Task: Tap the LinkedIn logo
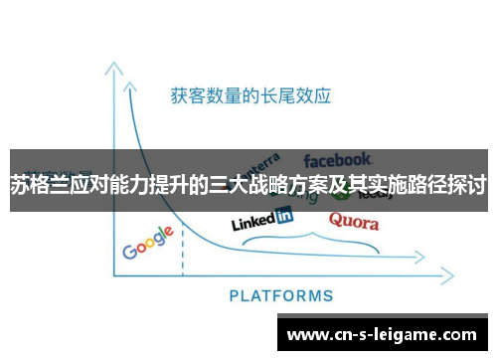tap(261, 219)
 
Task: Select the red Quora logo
tap(353, 220)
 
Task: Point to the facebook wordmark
tap(337, 159)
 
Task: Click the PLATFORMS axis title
tap(281, 295)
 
